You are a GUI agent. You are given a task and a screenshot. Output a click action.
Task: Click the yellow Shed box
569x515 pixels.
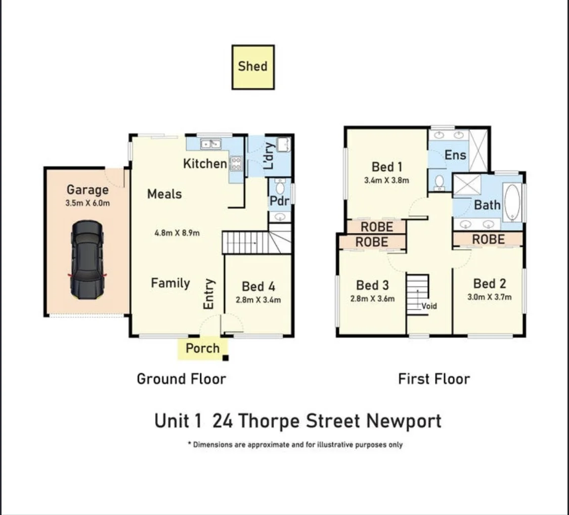coord(253,67)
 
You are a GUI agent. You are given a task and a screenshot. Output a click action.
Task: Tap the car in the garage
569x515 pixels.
coord(87,260)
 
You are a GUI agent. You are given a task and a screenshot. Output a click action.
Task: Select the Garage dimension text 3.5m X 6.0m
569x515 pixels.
coord(87,203)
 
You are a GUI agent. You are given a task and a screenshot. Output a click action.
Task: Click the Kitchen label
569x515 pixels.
coord(205,163)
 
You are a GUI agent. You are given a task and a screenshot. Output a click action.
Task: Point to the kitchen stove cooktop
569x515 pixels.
coord(236,163)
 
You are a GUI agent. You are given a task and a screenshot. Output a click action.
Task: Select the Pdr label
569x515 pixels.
coord(279,201)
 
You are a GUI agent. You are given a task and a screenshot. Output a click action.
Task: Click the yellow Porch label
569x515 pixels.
coord(202,348)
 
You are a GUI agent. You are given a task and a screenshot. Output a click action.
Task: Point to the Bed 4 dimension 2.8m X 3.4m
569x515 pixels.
coord(258,300)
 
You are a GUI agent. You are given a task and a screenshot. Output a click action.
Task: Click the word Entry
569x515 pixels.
coord(209,294)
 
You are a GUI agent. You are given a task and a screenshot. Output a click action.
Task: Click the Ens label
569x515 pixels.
coord(455,155)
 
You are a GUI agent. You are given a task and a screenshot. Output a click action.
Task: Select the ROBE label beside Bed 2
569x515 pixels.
coord(488,239)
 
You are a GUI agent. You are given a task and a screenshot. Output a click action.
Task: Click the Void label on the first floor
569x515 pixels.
coord(429,306)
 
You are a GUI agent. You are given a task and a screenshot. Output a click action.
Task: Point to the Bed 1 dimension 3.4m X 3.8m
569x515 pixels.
coord(386,180)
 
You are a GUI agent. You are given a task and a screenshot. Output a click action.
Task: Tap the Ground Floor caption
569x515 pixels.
coord(181,379)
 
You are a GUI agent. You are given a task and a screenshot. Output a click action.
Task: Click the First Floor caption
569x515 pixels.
coord(434,379)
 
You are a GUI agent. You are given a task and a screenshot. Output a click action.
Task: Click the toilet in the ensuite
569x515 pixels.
coord(439,181)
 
